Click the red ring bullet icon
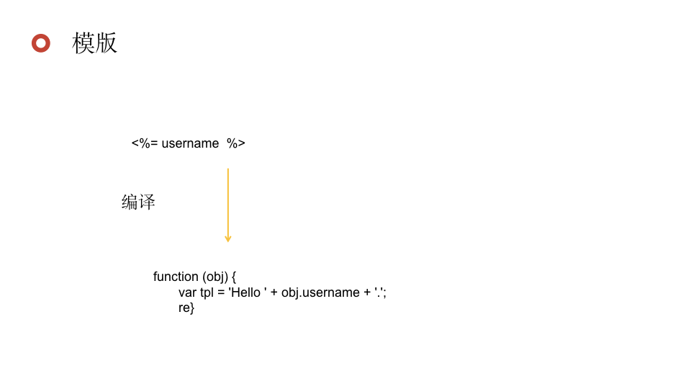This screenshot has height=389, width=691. pos(41,43)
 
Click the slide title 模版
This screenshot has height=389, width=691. pos(94,43)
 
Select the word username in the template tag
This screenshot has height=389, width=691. pos(190,143)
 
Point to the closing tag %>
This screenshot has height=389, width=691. pos(236,143)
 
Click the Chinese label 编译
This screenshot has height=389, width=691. pos(138,202)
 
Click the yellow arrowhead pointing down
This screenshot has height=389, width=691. pos(228,238)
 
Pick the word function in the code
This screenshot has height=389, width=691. pos(176,277)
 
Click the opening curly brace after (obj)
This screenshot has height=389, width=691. pos(234,277)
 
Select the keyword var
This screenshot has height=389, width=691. pos(187,292)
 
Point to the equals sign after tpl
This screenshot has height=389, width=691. pos(222,292)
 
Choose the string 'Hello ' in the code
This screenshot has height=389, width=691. pos(248,292)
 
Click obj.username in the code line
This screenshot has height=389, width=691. pos(320,292)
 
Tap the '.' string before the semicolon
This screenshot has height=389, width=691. pos(379,292)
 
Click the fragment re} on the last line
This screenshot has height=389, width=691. pos(186,308)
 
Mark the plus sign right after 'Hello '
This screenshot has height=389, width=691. pos(274,292)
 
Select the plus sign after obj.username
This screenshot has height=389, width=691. pos(367,292)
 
